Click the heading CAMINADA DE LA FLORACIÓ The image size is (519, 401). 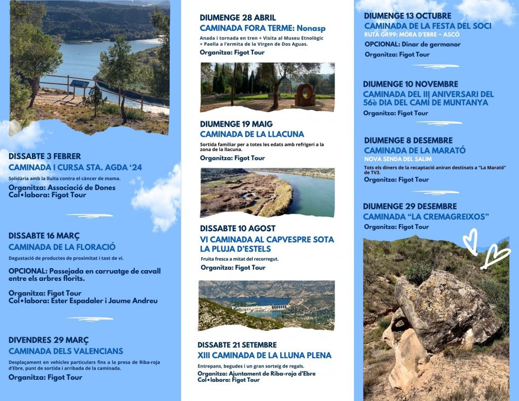tap(62, 247)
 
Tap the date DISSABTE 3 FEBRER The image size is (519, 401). tap(45, 156)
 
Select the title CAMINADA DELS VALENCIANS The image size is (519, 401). tap(66, 351)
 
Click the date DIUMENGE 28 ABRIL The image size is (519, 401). tap(238, 18)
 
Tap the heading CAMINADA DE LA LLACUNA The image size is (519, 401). tap(252, 134)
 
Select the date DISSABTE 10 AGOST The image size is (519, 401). tap(238, 228)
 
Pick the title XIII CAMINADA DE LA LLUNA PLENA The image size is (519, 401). tap(265, 355)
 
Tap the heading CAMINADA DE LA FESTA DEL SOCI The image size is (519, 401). tap(427, 25)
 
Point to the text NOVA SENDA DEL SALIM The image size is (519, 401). tap(397, 159)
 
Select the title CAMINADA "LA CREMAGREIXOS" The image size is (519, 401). tap(426, 216)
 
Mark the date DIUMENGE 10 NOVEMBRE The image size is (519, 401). tap(411, 84)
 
